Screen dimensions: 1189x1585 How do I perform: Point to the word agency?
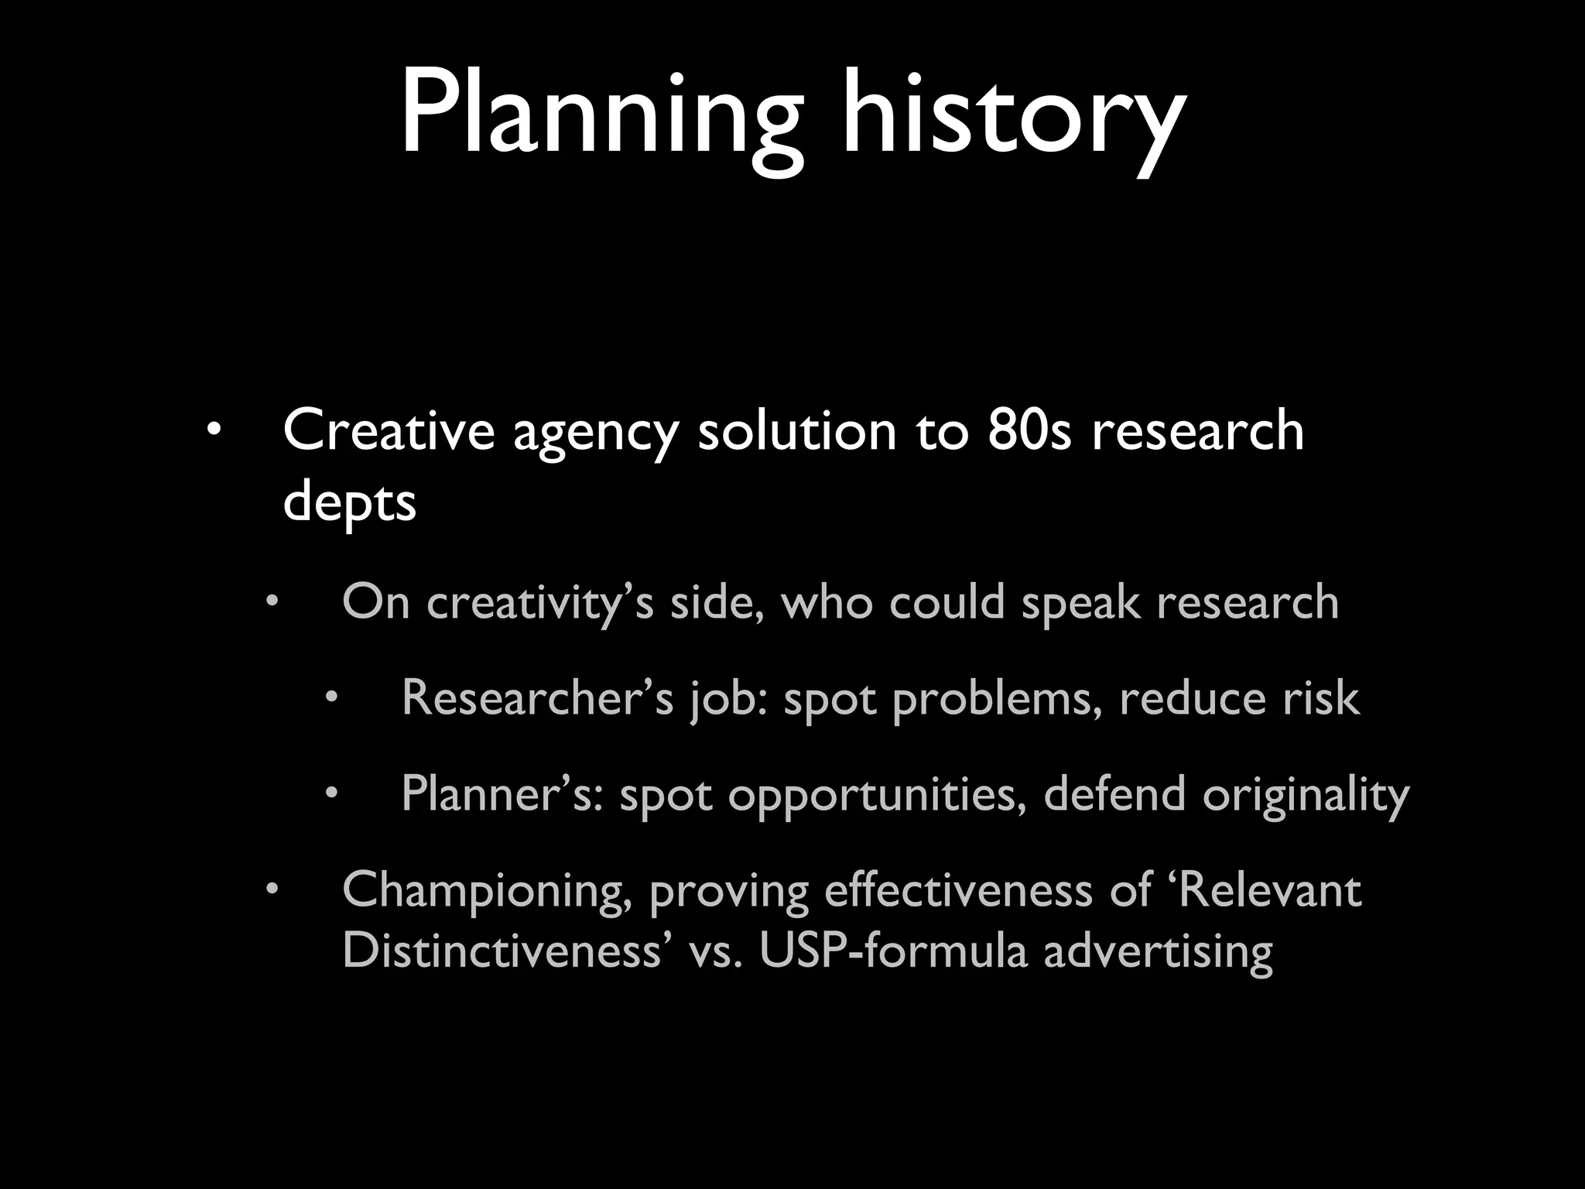(596, 433)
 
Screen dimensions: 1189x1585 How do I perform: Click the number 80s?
(1029, 430)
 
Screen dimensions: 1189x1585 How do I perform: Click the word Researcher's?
(537, 698)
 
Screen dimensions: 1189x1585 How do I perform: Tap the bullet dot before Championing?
(272, 890)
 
